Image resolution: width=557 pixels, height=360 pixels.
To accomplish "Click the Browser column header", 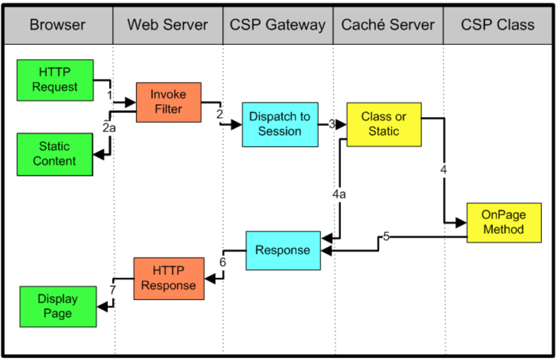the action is click(57, 25).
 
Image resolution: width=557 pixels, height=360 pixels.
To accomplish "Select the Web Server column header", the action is click(168, 25).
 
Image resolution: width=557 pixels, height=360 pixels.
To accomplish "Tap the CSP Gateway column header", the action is click(277, 25).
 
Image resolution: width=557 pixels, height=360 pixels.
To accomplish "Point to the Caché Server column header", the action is click(388, 24).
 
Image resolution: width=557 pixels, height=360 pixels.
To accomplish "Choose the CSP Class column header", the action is click(498, 25).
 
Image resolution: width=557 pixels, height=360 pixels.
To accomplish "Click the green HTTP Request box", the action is click(55, 80).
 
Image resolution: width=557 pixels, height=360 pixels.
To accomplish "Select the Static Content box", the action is click(55, 154).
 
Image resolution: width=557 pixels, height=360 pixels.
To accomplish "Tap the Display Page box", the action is click(58, 306).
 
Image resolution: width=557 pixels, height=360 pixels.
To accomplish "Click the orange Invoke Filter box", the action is click(168, 102).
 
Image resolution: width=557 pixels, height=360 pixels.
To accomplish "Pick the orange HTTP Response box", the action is click(169, 278).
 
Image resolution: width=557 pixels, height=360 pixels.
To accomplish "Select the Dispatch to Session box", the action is click(280, 125).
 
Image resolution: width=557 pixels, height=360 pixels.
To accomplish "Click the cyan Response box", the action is click(283, 251).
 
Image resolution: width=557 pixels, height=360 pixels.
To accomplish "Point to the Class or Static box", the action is click(384, 125).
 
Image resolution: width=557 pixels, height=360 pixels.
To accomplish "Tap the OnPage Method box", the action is click(504, 223).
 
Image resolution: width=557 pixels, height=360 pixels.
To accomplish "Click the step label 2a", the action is click(109, 128).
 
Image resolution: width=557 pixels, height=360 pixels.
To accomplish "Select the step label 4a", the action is click(339, 194).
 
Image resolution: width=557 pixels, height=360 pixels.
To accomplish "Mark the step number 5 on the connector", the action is click(386, 236).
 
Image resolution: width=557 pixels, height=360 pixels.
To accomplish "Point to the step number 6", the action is click(223, 262).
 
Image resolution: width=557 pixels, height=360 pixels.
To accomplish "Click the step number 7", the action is click(113, 290).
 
